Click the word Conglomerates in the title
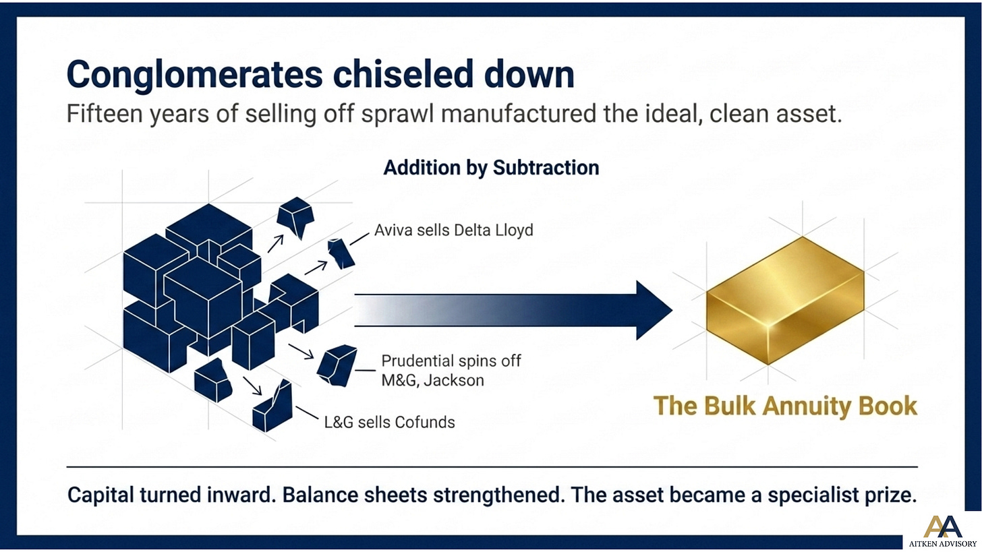[x=195, y=75]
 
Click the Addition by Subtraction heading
[x=491, y=168]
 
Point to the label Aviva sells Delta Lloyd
[x=454, y=230]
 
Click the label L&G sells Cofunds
[x=389, y=423]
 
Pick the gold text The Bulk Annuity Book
[x=785, y=406]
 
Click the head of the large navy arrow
[x=654, y=310]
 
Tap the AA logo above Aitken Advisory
[x=942, y=526]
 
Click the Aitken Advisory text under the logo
[x=943, y=544]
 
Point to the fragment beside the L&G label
[x=272, y=406]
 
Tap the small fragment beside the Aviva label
[x=341, y=253]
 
